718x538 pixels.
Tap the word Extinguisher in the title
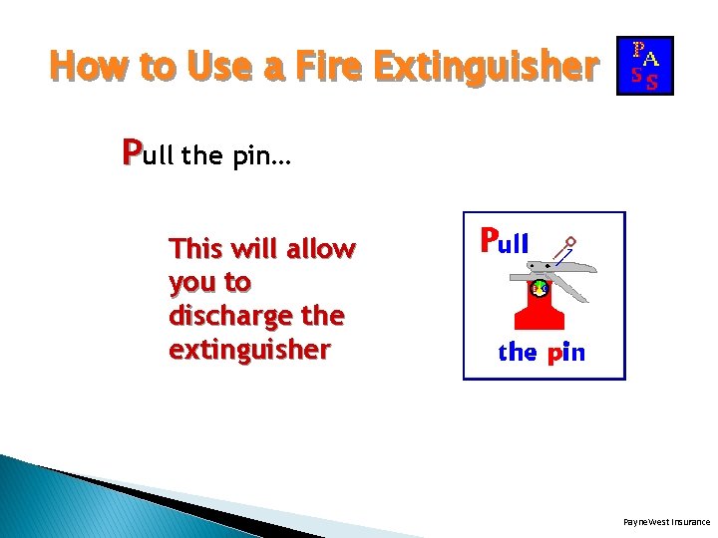[486, 66]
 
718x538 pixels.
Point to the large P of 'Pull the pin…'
[131, 153]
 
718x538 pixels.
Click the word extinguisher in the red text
[249, 350]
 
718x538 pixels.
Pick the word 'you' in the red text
[189, 282]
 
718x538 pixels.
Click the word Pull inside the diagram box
[505, 241]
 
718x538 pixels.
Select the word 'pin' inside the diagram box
[565, 352]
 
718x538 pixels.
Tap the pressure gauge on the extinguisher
[538, 289]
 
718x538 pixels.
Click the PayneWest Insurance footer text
[666, 521]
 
